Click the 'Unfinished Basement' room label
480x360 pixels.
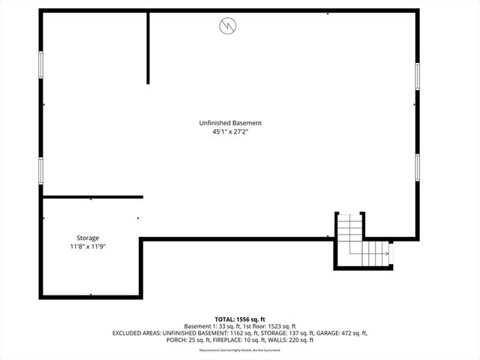[x=230, y=123]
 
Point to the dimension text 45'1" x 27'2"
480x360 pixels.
[x=230, y=132]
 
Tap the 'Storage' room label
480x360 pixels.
[x=88, y=238]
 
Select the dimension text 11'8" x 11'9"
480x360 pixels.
[x=88, y=246]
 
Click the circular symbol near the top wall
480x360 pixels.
[x=226, y=27]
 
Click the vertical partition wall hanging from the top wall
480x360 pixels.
[x=148, y=47]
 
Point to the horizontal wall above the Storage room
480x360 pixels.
[x=92, y=197]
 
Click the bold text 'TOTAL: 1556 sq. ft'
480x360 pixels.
[x=240, y=319]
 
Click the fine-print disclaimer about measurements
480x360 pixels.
[x=240, y=350]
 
